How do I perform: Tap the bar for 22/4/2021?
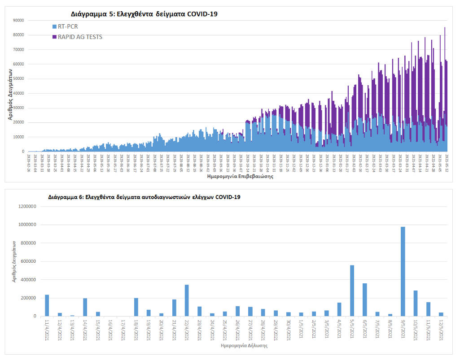tap(187, 300)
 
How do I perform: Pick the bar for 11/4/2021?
tap(47, 305)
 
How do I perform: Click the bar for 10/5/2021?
tap(416, 303)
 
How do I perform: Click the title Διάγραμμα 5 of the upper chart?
tap(144, 14)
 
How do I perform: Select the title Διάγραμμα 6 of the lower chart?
tap(144, 197)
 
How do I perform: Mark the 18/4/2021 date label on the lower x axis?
tap(135, 329)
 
